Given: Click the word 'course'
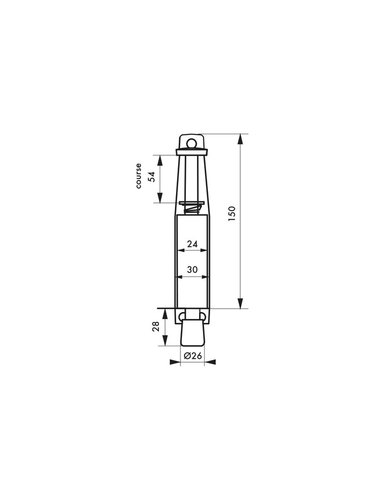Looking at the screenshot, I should tap(139, 176).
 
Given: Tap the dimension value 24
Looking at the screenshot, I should tap(192, 244).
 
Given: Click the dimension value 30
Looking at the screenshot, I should tap(192, 270).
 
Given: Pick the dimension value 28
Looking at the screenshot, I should tap(156, 327).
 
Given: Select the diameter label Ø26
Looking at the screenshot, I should tap(192, 356).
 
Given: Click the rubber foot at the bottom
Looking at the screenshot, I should tap(192, 333).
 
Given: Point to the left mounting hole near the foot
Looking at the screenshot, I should tap(180, 316).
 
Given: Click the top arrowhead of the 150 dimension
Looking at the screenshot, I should tap(240, 139).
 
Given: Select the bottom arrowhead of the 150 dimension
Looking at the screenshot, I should tap(240, 303).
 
